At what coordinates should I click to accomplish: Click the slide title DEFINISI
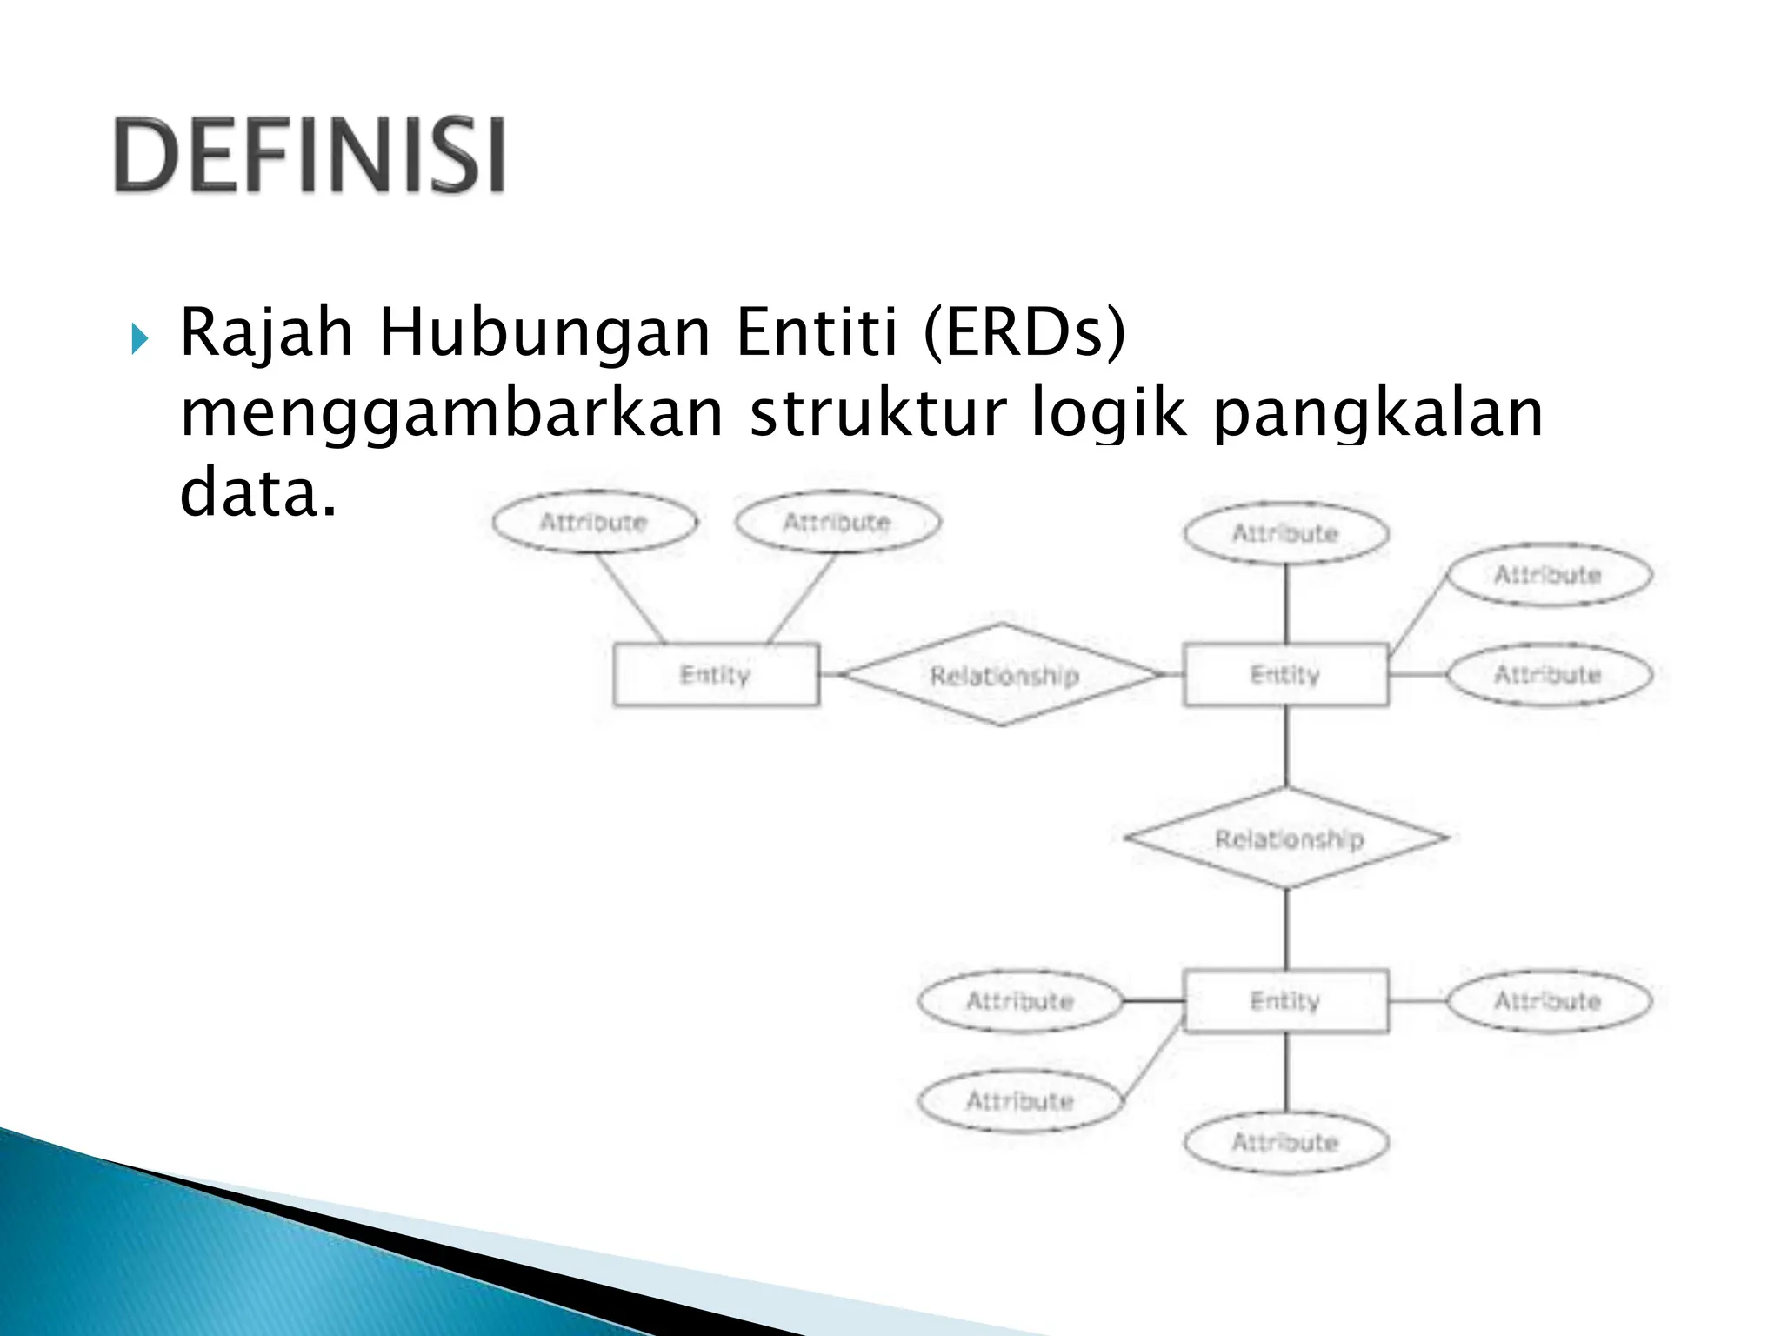coord(310,156)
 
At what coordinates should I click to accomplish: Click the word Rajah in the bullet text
coord(266,333)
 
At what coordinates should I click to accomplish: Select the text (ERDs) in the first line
coord(1024,333)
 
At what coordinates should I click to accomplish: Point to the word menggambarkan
coord(451,413)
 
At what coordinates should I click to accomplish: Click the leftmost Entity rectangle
coord(715,675)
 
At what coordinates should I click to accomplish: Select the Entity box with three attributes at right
coord(1284,675)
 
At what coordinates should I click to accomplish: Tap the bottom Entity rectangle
coord(1284,1001)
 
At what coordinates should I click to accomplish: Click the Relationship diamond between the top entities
coord(1003,675)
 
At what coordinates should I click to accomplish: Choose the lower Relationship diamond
coord(1288,838)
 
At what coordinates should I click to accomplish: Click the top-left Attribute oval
coord(595,523)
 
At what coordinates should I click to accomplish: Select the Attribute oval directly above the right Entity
coord(1284,533)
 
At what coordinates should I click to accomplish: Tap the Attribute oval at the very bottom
coord(1284,1142)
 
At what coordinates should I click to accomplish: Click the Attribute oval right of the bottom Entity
coord(1547,1001)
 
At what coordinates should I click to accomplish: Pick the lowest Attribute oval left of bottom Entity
coord(1019,1101)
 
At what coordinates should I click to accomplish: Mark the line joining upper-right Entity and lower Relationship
coord(1286,746)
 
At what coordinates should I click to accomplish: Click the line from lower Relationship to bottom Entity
coord(1286,929)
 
